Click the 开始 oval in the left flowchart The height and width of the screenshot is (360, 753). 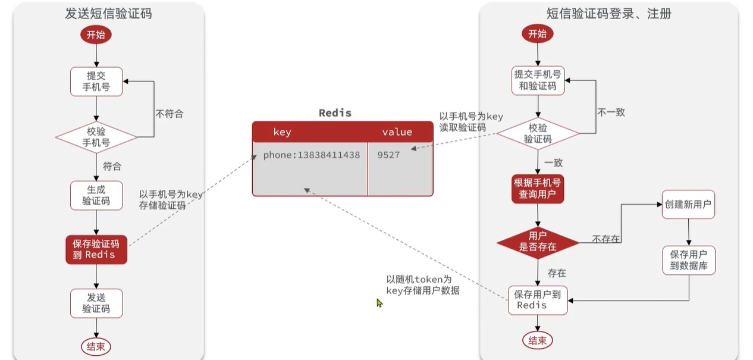pyautogui.click(x=96, y=35)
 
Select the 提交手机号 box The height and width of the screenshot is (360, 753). pyautogui.click(x=96, y=82)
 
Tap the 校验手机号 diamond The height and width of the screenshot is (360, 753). pyautogui.click(x=96, y=137)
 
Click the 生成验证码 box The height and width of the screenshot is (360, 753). pyautogui.click(x=96, y=196)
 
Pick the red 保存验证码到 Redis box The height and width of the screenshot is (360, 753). pyautogui.click(x=96, y=250)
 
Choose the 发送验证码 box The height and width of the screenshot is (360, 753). pyautogui.click(x=96, y=303)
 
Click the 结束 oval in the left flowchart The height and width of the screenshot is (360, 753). pyautogui.click(x=96, y=346)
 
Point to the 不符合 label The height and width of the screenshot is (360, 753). pyautogui.click(x=170, y=114)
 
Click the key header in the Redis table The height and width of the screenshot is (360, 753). pyautogui.click(x=282, y=132)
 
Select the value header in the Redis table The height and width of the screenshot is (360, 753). pyautogui.click(x=397, y=132)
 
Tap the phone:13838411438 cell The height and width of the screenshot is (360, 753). pyautogui.click(x=311, y=155)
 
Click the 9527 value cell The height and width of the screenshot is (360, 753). pyautogui.click(x=388, y=155)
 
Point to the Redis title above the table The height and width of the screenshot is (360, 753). pyautogui.click(x=335, y=113)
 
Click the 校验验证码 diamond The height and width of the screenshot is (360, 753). pyautogui.click(x=538, y=133)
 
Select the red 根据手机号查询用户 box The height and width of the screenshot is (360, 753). pyautogui.click(x=538, y=189)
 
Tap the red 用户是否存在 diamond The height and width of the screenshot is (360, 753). pyautogui.click(x=538, y=243)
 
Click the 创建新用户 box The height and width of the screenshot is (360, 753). pyautogui.click(x=688, y=204)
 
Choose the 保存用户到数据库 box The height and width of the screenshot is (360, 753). pyautogui.click(x=689, y=260)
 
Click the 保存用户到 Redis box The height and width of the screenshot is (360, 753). pyautogui.click(x=538, y=300)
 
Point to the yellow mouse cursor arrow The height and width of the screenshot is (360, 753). pyautogui.click(x=379, y=303)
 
